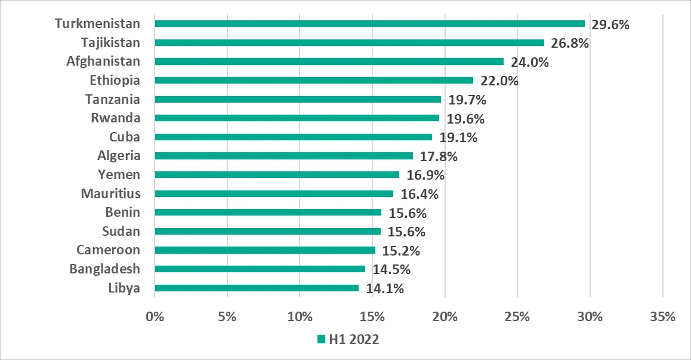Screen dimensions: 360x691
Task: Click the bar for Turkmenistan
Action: (369, 24)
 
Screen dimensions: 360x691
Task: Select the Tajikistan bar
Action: (349, 43)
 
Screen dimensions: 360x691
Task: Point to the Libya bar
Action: (257, 288)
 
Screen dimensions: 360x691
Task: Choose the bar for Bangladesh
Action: (260, 269)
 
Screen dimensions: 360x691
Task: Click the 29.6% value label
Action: (610, 24)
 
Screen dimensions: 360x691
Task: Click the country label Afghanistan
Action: (103, 61)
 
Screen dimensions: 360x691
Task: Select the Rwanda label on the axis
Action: (115, 118)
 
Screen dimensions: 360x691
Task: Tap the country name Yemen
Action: (119, 175)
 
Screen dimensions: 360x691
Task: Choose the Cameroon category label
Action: (108, 250)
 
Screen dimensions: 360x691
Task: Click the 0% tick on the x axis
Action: (155, 316)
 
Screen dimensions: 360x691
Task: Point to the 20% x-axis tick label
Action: (445, 316)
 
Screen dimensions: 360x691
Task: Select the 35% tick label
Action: (662, 316)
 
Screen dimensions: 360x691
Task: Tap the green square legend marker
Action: (321, 340)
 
